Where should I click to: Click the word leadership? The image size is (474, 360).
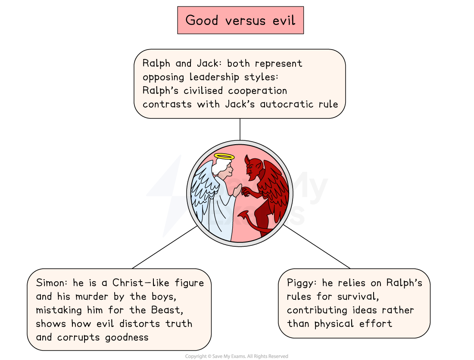(218, 77)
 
